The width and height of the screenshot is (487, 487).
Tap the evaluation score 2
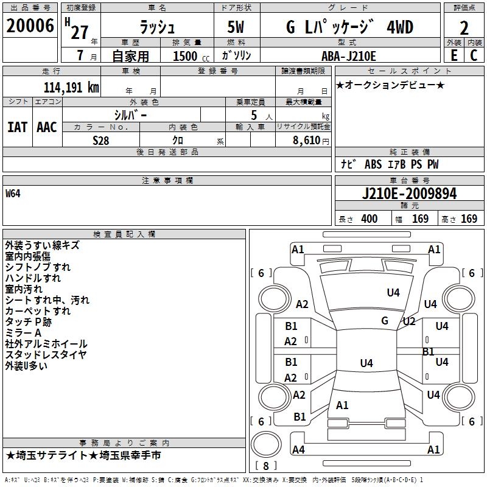coord(464,28)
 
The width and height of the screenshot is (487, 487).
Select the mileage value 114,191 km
coord(71,87)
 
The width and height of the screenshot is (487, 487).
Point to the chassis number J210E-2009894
coord(408,194)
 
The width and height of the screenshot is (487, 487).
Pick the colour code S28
coord(101,140)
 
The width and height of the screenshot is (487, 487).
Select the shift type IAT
coord(17,127)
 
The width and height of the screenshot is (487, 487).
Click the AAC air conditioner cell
coord(47,127)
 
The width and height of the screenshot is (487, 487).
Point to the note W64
coord(14,194)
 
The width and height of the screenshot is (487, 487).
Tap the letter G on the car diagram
coord(385,320)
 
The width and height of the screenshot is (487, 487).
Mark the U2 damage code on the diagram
coord(408,321)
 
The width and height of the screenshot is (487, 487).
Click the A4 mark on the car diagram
coord(298,450)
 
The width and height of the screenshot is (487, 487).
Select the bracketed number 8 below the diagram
coord(265,466)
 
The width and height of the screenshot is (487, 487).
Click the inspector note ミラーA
coord(23,333)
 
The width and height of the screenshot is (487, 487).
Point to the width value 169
coord(420,219)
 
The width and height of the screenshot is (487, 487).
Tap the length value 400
coord(369,219)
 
